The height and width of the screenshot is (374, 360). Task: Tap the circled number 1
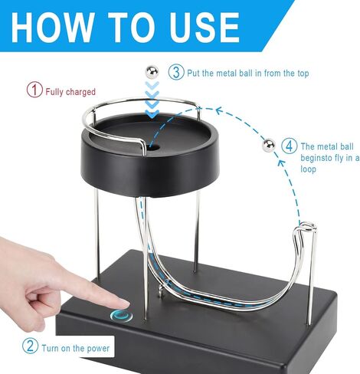(34, 90)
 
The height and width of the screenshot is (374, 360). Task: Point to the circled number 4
(289, 146)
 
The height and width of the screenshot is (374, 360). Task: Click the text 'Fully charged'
(70, 91)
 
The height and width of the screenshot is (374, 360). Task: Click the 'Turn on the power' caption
(77, 348)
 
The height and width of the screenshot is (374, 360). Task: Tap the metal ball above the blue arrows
(152, 72)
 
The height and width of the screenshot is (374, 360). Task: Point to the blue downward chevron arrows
(152, 102)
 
